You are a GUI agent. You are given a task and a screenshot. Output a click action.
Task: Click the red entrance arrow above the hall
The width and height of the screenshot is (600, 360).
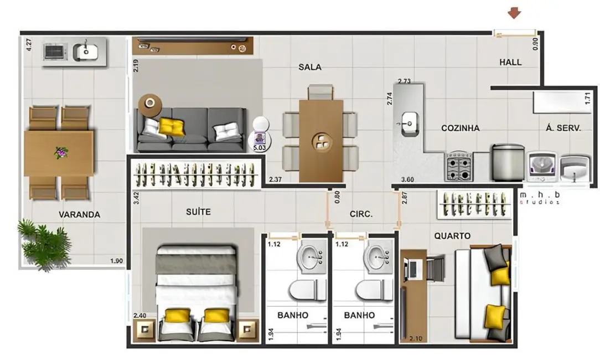pos(515,13)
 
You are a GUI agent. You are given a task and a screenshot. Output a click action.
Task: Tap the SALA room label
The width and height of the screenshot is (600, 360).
pos(310,67)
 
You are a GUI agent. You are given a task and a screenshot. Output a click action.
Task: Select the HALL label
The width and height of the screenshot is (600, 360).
pos(510,62)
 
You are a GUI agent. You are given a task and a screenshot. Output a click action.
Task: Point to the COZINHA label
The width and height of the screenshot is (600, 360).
pos(460,128)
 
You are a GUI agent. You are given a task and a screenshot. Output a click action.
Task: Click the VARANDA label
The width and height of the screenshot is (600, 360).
pos(80,215)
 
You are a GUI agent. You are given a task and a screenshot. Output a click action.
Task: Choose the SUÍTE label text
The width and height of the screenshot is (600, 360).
pos(198,212)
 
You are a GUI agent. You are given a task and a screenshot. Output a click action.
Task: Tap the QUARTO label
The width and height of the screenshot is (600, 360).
pos(452,236)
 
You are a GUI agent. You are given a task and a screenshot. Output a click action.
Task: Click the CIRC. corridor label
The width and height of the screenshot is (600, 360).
pos(361,214)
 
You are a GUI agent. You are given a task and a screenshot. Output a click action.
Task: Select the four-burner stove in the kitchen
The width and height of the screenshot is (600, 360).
pos(459,166)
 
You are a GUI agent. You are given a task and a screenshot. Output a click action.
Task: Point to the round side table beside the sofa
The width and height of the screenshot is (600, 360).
pos(150,102)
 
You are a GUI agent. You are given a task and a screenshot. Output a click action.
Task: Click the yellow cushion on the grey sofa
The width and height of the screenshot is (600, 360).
pos(172,127)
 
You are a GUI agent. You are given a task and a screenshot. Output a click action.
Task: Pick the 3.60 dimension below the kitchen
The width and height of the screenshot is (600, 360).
pos(407,179)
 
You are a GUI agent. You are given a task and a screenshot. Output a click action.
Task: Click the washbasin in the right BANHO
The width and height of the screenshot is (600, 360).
pos(380,256)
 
